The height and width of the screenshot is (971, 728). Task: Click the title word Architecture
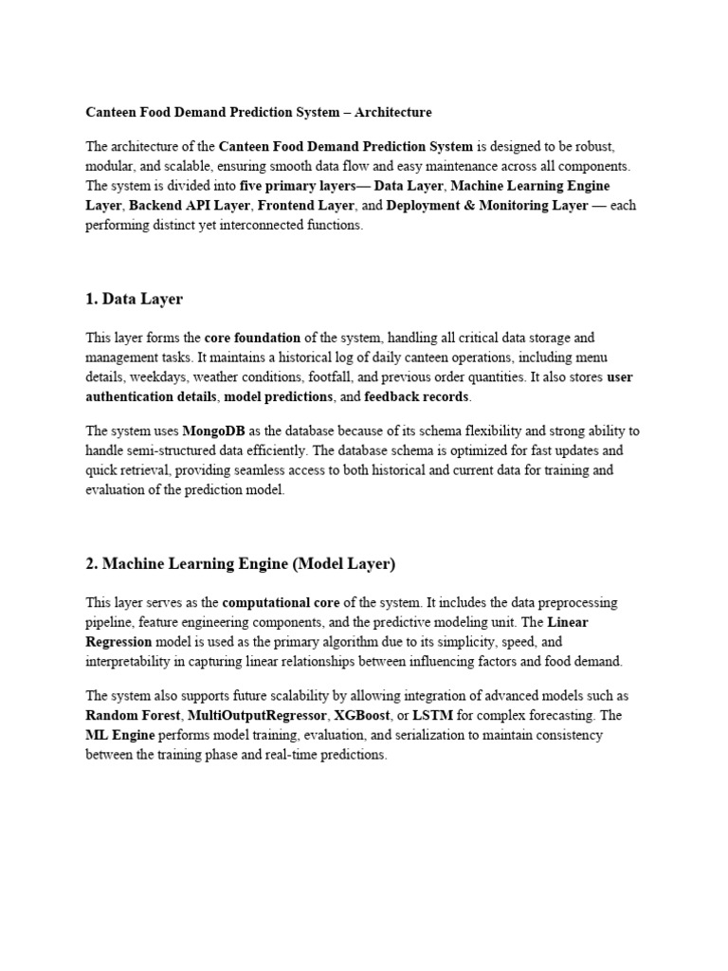[x=390, y=112]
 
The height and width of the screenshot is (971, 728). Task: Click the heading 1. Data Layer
[x=134, y=299]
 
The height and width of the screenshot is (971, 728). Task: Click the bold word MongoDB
[x=216, y=431]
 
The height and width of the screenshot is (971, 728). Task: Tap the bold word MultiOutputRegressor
[x=253, y=715]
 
